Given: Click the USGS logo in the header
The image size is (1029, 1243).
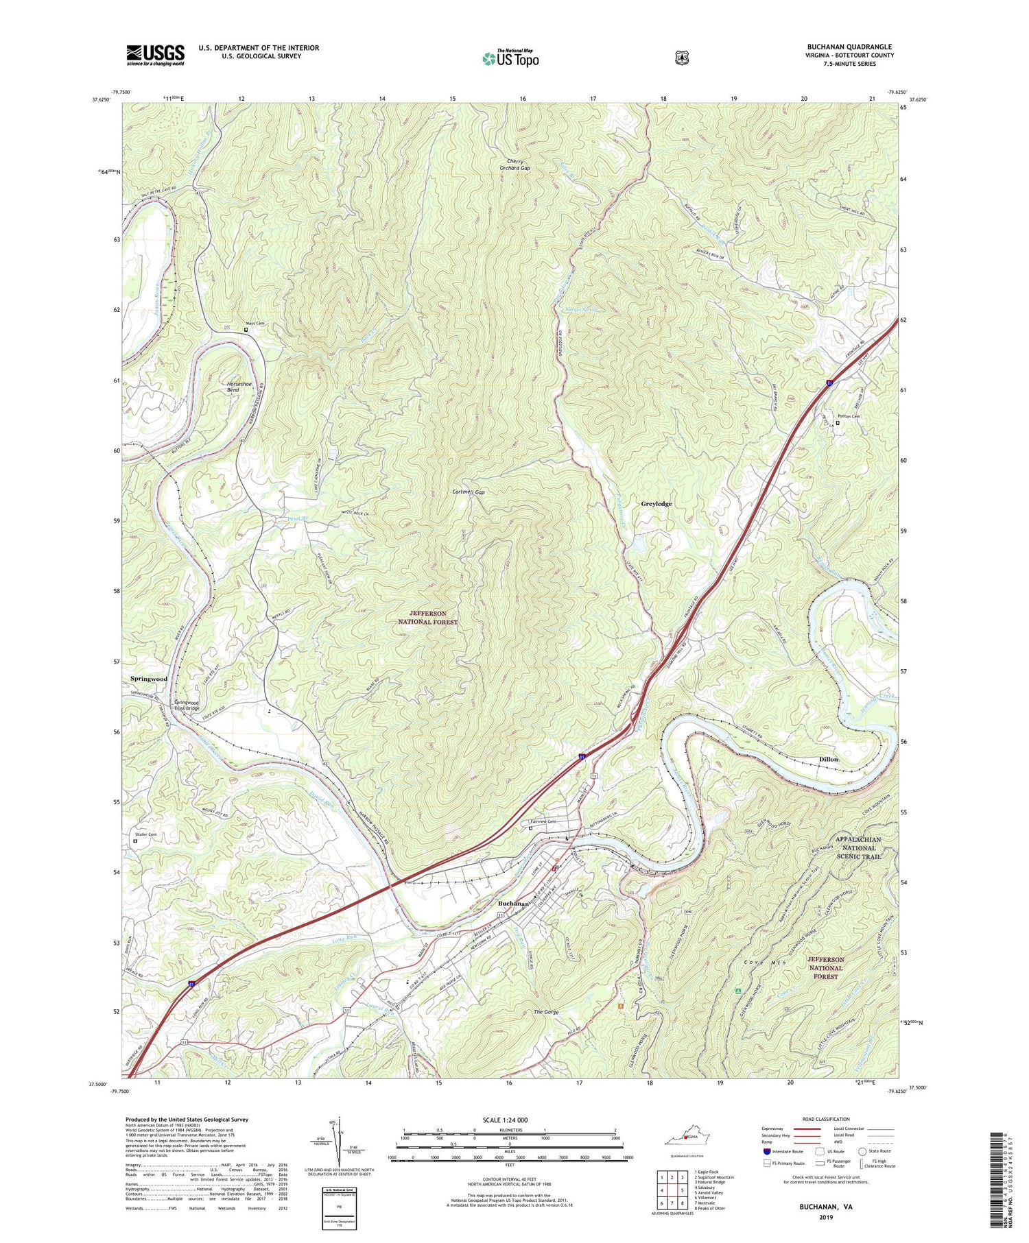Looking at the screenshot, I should pos(155,55).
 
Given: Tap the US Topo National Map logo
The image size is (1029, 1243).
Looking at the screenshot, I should pos(510,58).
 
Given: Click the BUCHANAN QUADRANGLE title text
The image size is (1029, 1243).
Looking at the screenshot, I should pos(849,47).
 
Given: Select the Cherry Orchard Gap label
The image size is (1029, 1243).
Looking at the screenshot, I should pos(514,165).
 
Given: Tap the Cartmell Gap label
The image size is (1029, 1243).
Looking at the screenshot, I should pos(469,492).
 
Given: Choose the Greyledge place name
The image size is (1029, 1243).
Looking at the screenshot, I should pos(656,504).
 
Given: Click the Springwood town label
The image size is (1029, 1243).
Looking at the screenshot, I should pos(149,679).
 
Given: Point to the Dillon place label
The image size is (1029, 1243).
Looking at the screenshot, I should pos(829,760).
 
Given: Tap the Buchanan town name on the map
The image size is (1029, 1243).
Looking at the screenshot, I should pos(513,904).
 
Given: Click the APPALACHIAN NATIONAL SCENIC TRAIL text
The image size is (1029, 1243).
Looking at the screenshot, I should pos(858,847).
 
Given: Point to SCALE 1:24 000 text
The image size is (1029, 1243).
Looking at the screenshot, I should pos(509,1120).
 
